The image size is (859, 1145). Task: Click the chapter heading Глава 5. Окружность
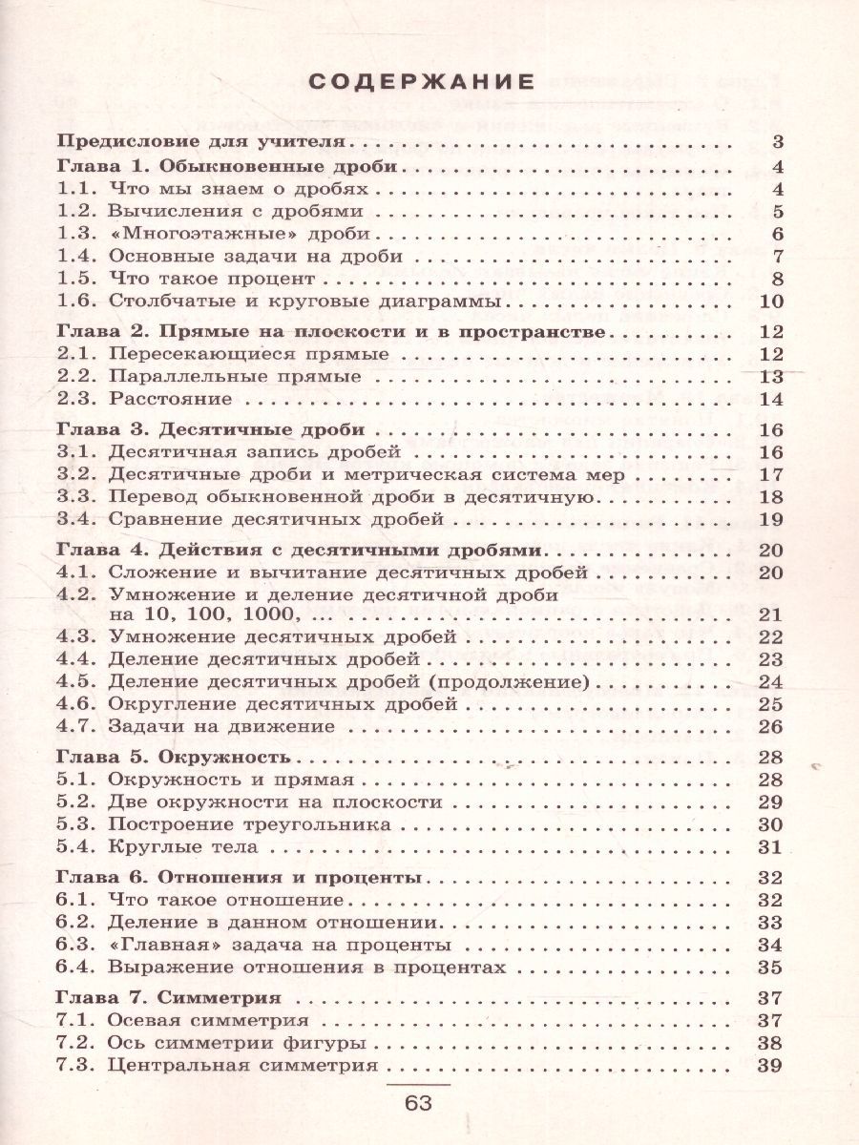tap(173, 757)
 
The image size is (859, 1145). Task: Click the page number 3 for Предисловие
tap(776, 143)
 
